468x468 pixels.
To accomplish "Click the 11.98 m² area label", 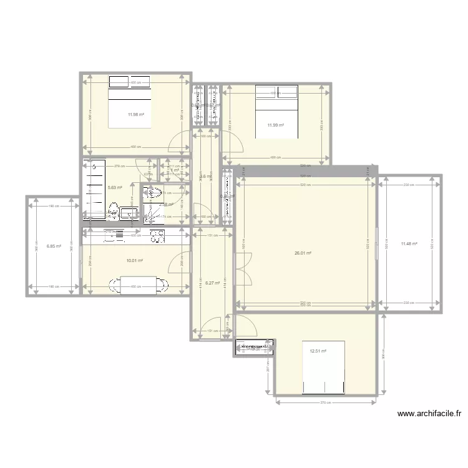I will point(135,114).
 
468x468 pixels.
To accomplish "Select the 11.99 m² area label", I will point(276,125).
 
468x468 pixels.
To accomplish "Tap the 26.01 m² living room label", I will point(303,253).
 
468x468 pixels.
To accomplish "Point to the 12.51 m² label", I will point(318,351).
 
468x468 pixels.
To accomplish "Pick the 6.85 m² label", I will point(54,246).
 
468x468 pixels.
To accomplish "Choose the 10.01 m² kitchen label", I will point(135,261).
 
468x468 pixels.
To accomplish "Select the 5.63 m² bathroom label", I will point(115,187).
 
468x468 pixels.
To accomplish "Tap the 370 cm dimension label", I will point(325,402).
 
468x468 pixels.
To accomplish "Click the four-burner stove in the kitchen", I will point(157,235).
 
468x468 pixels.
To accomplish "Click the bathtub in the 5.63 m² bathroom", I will point(94,189).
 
